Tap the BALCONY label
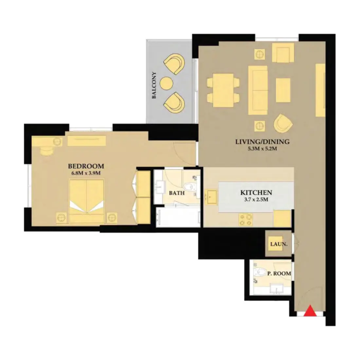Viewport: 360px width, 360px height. pos(154,85)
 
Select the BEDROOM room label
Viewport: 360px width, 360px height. pos(86,166)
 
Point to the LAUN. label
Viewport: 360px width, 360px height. pos(277,244)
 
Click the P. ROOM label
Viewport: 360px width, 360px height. pos(279,273)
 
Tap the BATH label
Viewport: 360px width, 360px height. pos(177,193)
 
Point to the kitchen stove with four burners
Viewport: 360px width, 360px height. pos(246,219)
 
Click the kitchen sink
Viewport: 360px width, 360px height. pos(211,197)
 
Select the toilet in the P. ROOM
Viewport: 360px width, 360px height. pos(260,272)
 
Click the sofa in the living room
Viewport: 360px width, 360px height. pos(258,90)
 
